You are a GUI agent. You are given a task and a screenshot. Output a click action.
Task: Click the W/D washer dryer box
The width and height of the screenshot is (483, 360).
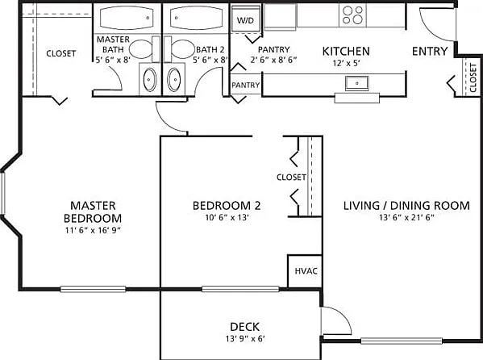246,19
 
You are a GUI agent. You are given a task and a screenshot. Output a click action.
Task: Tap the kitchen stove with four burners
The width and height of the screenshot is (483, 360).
353,15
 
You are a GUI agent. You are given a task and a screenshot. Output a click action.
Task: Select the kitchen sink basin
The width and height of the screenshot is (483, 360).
356,83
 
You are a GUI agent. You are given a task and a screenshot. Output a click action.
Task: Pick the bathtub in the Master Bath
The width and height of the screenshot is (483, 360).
127,18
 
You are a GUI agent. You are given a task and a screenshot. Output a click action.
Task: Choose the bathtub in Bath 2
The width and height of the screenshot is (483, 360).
197,18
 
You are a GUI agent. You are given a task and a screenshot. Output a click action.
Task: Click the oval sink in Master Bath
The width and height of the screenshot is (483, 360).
150,80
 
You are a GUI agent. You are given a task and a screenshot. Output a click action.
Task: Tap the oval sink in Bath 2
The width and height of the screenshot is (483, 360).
174,80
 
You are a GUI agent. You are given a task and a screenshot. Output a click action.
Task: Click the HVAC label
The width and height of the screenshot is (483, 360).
306,271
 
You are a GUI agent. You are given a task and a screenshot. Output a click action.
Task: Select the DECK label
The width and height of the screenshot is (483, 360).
245,327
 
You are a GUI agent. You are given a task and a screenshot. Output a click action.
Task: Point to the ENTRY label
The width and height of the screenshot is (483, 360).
430,51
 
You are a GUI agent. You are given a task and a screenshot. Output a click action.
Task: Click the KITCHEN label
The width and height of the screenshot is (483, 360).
346,51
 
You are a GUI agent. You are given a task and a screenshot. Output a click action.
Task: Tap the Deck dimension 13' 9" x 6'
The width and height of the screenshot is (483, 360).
245,339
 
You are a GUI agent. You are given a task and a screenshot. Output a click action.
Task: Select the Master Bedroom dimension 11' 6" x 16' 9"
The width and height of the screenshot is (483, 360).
93,230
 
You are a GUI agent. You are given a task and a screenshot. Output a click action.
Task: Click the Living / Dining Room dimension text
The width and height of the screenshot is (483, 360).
406,217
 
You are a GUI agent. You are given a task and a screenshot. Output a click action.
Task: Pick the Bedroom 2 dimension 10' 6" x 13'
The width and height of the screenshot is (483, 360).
227,217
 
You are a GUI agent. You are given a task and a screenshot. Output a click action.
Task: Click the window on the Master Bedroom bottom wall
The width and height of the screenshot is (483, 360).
93,289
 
